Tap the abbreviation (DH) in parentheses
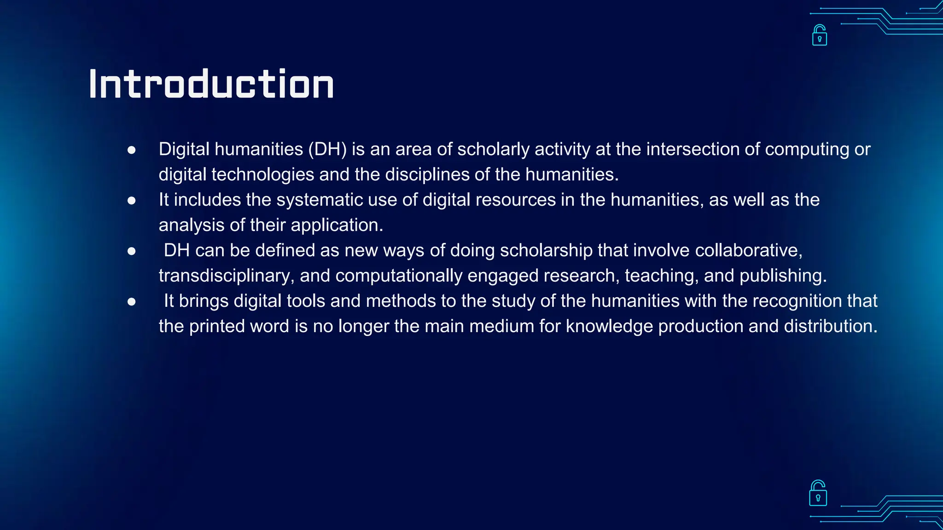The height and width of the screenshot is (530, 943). point(327,150)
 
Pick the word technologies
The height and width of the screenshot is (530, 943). point(262,175)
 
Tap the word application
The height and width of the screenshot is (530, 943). point(337,225)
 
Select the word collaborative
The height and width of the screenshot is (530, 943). point(748,251)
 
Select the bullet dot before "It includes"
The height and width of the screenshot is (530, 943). point(132,201)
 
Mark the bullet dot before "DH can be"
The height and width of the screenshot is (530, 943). point(132,251)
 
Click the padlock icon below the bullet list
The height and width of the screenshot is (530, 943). point(818,493)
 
